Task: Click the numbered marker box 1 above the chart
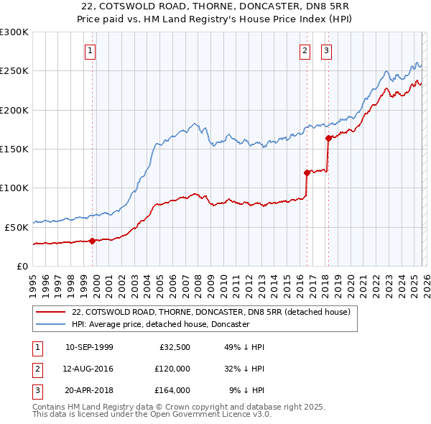[x=91, y=51]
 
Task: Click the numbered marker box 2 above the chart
[x=305, y=51]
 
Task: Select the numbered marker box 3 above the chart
[x=326, y=51]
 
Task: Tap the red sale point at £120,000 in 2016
[x=307, y=172]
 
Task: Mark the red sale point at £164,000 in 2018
[x=328, y=138]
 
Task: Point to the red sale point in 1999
[x=92, y=241]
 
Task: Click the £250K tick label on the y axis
[x=14, y=71]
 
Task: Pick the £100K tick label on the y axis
[x=14, y=188]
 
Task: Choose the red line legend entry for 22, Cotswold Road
[x=210, y=312]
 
